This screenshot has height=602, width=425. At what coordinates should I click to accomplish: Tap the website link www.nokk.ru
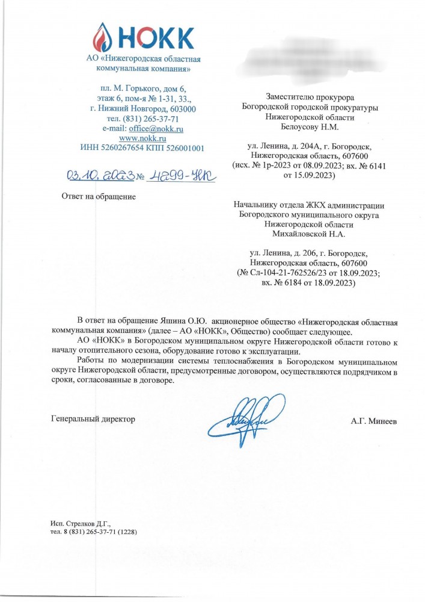click(x=142, y=138)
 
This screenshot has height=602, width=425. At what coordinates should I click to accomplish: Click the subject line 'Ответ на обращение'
click(x=99, y=197)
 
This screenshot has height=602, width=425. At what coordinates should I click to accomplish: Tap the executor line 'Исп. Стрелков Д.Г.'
click(x=81, y=524)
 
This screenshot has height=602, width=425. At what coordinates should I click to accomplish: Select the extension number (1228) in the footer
click(x=133, y=533)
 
